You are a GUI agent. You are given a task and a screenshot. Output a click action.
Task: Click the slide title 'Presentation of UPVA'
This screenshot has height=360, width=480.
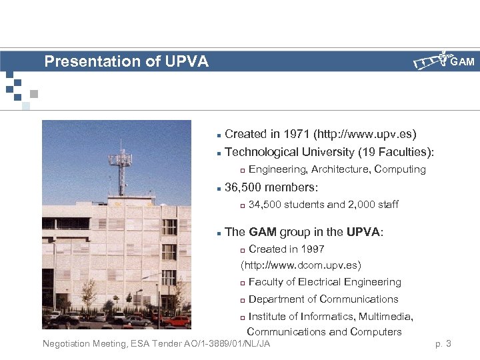point(126,62)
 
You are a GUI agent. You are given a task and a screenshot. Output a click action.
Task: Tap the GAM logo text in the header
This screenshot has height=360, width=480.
point(462,62)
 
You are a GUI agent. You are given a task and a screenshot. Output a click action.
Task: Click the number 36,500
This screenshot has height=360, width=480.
point(244,187)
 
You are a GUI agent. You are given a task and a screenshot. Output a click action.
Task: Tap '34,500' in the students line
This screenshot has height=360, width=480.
point(264,205)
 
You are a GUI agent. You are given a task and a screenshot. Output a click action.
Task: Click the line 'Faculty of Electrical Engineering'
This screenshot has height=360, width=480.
point(325,282)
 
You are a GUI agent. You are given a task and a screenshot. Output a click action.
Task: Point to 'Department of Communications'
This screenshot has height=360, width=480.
point(323,299)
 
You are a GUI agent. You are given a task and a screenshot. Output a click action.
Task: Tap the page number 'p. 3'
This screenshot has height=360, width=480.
point(443,344)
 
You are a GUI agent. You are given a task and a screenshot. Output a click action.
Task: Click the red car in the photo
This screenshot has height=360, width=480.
point(178,321)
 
